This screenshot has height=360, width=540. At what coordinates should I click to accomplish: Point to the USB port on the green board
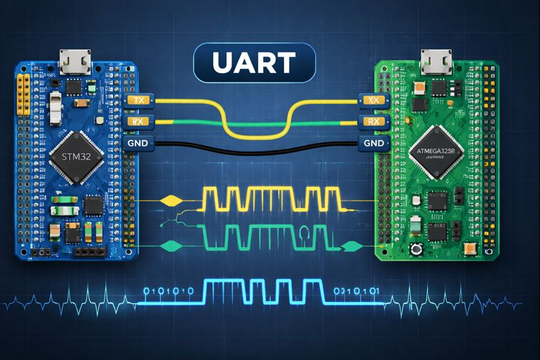(x=435, y=63)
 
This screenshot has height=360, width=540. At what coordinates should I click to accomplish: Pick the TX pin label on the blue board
(x=140, y=100)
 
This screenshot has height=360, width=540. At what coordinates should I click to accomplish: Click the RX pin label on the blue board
(x=140, y=122)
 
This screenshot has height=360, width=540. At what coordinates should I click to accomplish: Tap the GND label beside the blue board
(x=139, y=143)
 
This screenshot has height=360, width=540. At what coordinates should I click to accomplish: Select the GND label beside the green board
(x=373, y=143)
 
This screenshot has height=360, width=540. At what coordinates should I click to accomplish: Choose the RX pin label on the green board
(x=372, y=122)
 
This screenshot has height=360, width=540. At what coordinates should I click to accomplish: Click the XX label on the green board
(x=372, y=100)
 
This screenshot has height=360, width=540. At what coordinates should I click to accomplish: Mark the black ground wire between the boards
(x=256, y=145)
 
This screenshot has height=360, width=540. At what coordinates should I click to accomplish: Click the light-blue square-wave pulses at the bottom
(x=263, y=291)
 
